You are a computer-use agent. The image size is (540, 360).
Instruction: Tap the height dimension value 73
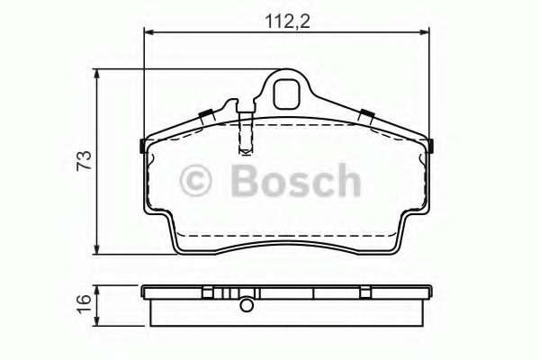(x=83, y=161)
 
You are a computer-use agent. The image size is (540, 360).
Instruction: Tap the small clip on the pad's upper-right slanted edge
(x=367, y=113)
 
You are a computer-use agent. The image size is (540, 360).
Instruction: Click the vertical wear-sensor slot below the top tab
(x=245, y=130)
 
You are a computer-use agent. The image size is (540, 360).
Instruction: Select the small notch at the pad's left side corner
(x=143, y=146)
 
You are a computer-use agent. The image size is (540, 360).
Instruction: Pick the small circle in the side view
(x=245, y=306)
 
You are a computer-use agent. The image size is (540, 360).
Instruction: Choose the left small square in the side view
(x=207, y=292)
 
